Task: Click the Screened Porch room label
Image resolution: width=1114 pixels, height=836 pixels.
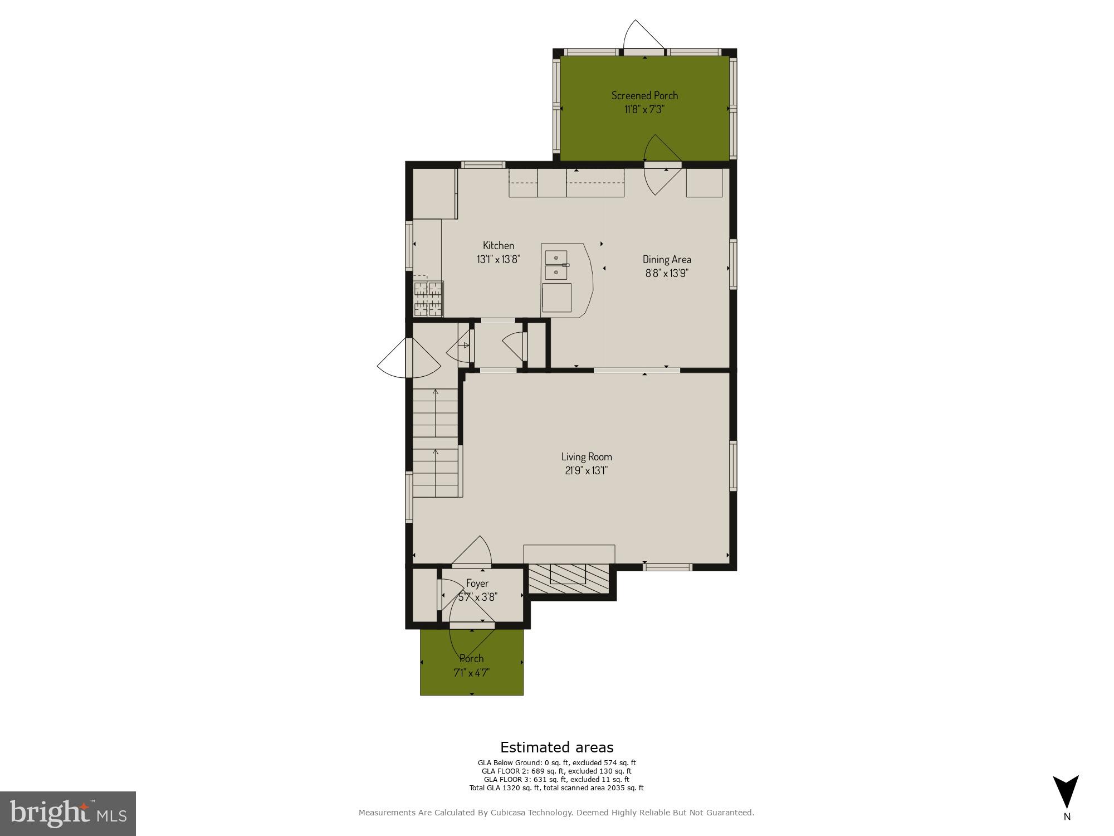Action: [x=644, y=95]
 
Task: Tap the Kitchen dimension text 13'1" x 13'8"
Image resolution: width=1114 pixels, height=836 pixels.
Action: [x=499, y=259]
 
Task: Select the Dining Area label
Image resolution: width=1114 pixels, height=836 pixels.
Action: [x=667, y=259]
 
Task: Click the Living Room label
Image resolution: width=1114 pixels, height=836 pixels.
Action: [x=587, y=456]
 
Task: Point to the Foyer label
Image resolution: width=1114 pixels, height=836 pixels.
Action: [x=477, y=583]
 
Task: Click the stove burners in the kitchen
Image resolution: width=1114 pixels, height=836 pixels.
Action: [x=428, y=299]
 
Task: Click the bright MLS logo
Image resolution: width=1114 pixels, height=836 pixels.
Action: [x=67, y=814]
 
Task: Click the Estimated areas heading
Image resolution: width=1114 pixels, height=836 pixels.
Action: [x=556, y=747]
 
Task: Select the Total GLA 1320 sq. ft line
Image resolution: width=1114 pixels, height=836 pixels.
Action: [x=556, y=788]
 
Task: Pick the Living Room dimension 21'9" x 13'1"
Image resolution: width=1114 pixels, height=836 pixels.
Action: [x=587, y=470]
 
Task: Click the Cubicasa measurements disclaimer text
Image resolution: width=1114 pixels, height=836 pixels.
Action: [x=556, y=813]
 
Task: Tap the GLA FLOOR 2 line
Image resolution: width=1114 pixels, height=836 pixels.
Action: [x=556, y=771]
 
